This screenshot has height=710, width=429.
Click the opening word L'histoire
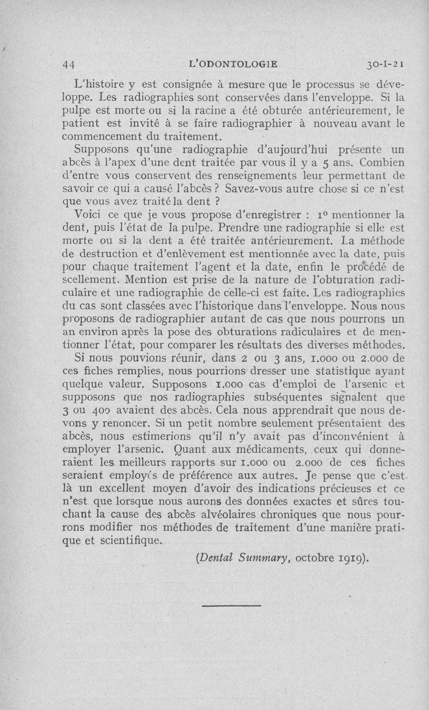point(101,85)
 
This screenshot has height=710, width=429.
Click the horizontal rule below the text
point(232,605)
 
